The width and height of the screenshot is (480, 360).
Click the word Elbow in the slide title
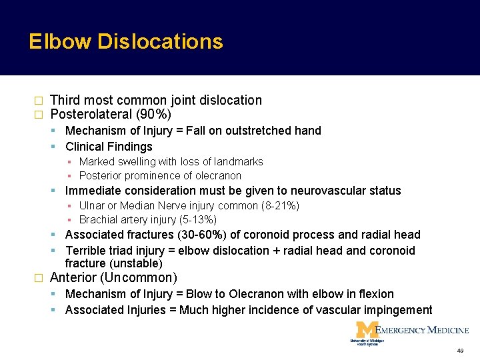(59, 42)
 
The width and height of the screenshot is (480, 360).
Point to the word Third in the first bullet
(65, 100)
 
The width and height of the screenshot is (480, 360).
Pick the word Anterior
(74, 277)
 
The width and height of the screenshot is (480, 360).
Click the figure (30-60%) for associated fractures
(200, 235)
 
